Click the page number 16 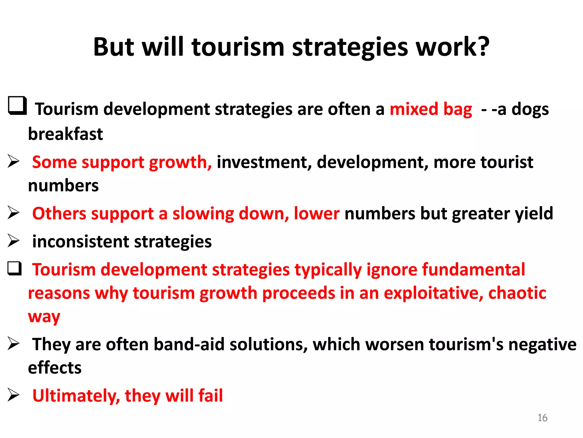[542, 418]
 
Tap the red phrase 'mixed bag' [431, 109]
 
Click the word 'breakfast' [65, 134]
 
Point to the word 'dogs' [530, 109]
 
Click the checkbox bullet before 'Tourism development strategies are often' [17, 106]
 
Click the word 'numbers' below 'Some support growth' [63, 186]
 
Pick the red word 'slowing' [203, 214]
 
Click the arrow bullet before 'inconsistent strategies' [13, 241]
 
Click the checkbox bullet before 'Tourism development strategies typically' [15, 269]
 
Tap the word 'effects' [55, 368]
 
